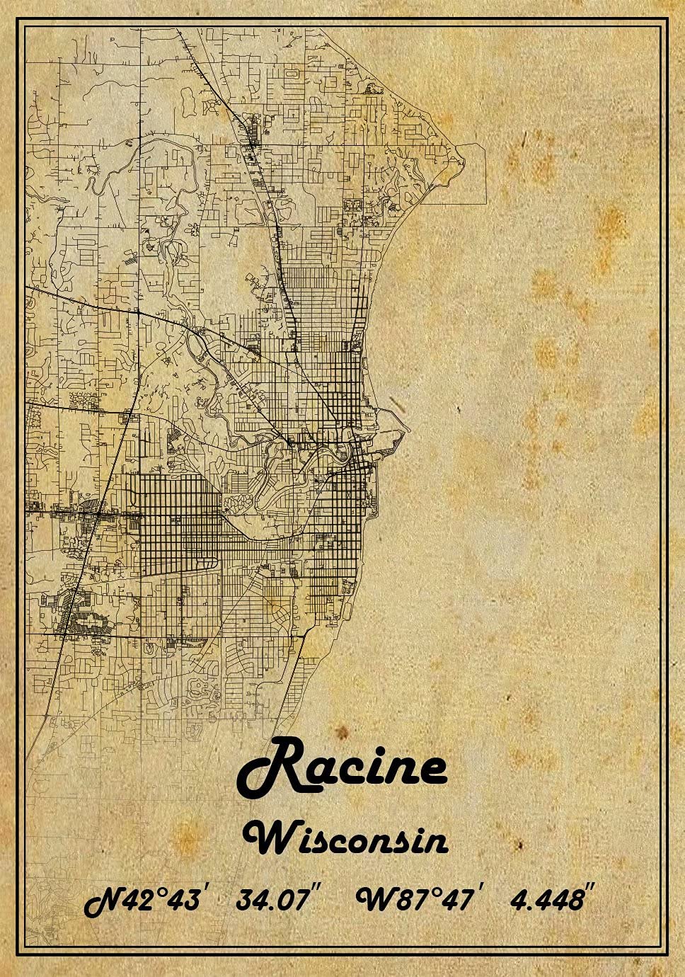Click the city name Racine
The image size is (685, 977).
342,768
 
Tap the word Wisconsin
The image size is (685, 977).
345,839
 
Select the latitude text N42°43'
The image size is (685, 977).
146,900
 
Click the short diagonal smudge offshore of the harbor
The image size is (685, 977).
396,404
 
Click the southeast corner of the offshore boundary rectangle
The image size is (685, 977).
486,204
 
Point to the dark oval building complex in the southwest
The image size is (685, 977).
88,623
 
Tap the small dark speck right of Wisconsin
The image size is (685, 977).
519,844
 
